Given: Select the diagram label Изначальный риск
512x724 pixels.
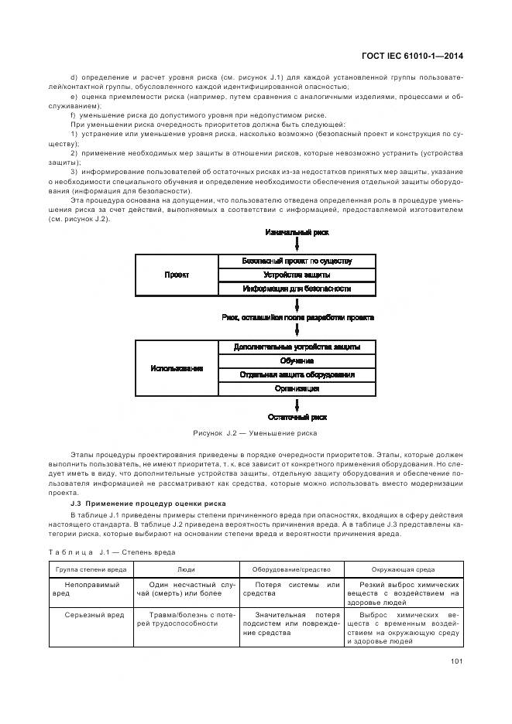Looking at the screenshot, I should [297, 231].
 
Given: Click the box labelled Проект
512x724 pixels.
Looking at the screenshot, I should [177, 275].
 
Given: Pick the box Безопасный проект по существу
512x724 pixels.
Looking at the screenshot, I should [297, 261].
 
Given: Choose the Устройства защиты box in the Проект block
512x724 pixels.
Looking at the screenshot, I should [297, 275].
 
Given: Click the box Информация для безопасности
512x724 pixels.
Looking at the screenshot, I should [297, 289].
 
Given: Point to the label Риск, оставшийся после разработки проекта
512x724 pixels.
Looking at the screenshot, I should [297, 317].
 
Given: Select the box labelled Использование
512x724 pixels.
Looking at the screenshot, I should [177, 368].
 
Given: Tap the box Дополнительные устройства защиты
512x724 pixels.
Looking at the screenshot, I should [297, 347].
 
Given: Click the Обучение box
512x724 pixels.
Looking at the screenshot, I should [297, 361].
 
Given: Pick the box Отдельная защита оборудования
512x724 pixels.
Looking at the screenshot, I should [297, 375].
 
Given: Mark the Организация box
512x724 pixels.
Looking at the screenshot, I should [297, 389].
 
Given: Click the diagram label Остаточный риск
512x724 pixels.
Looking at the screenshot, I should [297, 417].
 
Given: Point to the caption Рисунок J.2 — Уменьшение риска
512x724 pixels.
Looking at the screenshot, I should [255, 433].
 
